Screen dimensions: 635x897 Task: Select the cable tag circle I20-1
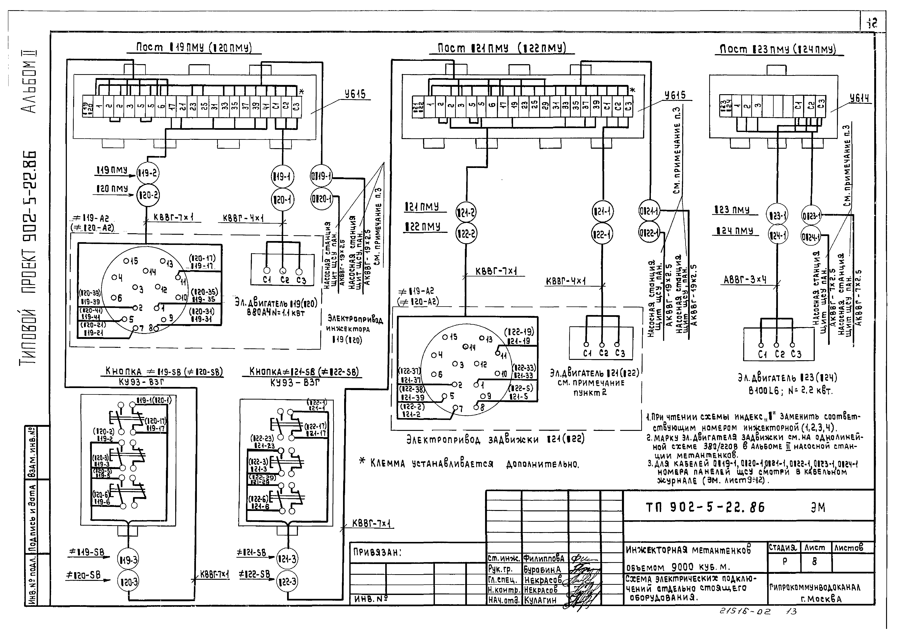tap(282, 200)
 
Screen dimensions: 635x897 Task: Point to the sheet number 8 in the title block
tap(815, 562)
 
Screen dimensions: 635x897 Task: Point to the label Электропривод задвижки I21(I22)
tap(495, 440)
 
